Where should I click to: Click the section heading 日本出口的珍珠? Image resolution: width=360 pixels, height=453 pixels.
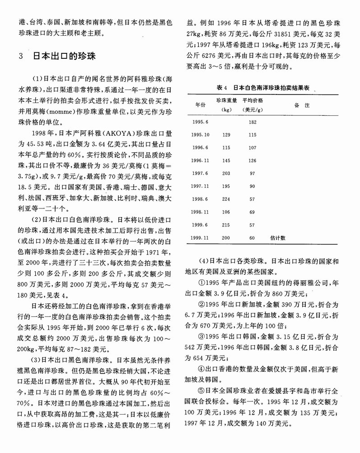pyautogui.click(x=64, y=57)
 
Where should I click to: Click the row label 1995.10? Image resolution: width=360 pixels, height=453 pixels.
pyautogui.click(x=201, y=135)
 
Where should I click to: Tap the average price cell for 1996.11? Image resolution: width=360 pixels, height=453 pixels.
pyautogui.click(x=252, y=160)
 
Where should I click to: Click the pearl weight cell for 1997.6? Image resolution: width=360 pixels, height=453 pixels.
pyautogui.click(x=227, y=173)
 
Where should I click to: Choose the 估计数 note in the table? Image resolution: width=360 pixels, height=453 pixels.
pyautogui.click(x=278, y=237)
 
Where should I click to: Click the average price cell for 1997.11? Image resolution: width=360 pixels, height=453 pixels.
pyautogui.click(x=252, y=186)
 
